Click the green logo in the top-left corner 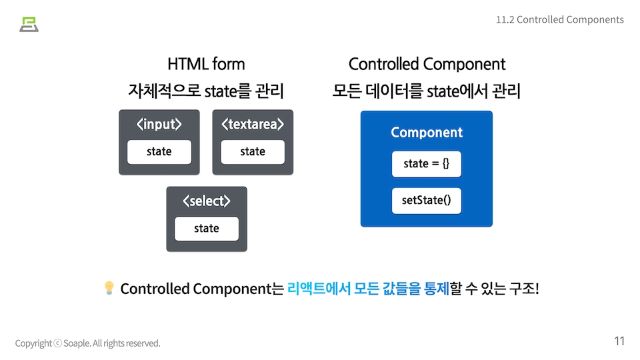pos(29,24)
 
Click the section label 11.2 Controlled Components pos(559,19)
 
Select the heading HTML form pos(206,64)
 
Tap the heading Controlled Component pos(427,64)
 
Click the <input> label pos(159,125)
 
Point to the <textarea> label pos(253,125)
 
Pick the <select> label pos(206,201)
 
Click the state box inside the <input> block pos(159,152)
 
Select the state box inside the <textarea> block pos(253,152)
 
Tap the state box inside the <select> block pos(206,229)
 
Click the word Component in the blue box pos(427,133)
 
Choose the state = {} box pos(427,164)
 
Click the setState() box pos(427,201)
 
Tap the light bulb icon pos(109,288)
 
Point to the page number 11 pos(619,341)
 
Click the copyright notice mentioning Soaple pos(88,343)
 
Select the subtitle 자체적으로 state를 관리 pos(206,91)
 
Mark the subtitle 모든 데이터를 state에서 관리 pos(427,91)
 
